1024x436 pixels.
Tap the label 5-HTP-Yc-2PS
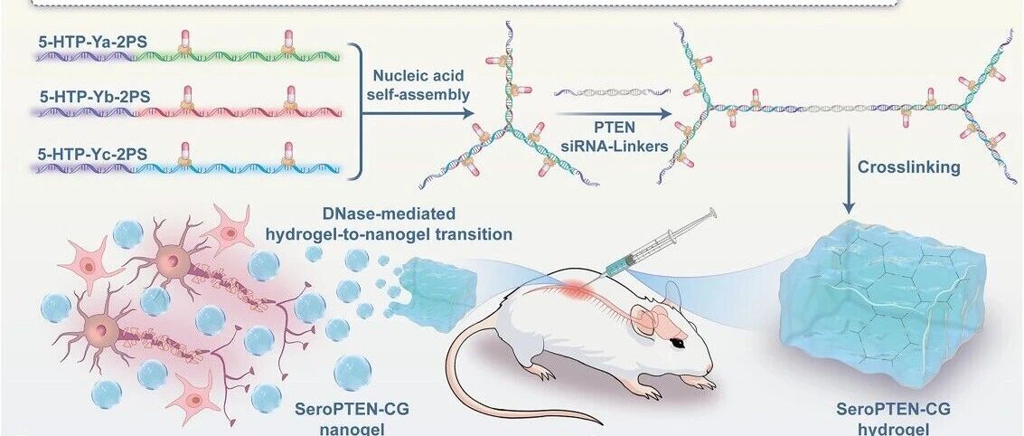(x=93, y=155)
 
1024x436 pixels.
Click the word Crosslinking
(x=909, y=167)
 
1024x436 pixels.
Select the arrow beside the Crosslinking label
(x=849, y=171)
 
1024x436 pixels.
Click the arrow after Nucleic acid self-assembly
(x=418, y=113)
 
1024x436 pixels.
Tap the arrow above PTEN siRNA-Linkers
(x=614, y=114)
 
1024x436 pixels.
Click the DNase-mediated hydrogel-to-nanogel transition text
(x=390, y=223)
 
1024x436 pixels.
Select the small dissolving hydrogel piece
(x=437, y=287)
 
